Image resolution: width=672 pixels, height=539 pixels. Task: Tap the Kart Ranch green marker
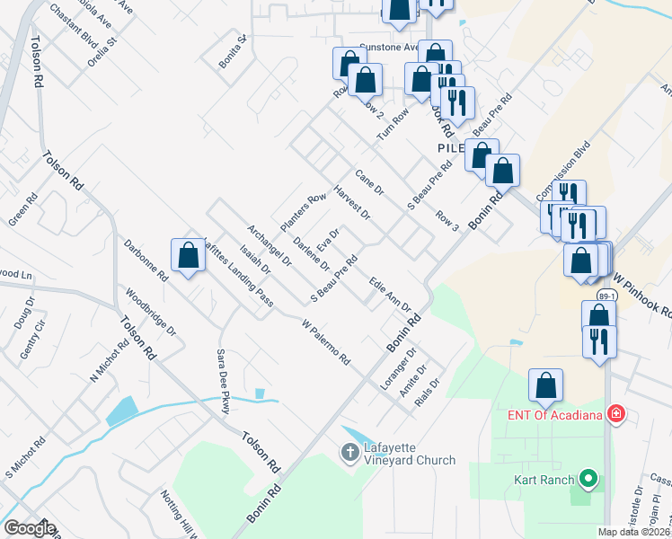(x=589, y=479)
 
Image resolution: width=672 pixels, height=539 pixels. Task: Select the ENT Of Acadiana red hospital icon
(x=616, y=414)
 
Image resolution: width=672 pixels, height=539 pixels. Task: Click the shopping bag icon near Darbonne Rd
(x=189, y=256)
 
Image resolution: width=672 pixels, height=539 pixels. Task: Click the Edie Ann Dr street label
(x=390, y=295)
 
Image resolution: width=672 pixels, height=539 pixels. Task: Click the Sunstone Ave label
(x=389, y=47)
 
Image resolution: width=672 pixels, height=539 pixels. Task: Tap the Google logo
(x=30, y=528)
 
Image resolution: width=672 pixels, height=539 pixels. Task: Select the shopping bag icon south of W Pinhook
(x=545, y=386)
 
